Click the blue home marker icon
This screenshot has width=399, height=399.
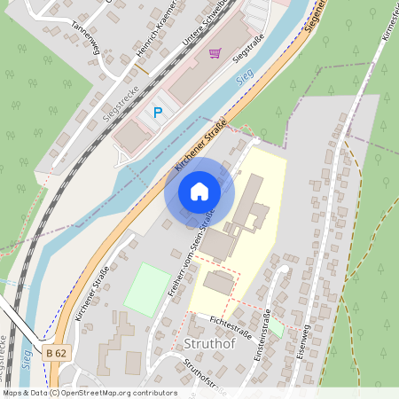tap(199, 192)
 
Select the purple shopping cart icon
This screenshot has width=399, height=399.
tap(214, 53)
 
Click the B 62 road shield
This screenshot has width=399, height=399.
tap(55, 353)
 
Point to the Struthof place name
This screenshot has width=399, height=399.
tap(207, 343)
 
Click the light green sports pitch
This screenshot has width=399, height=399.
tap(146, 289)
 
